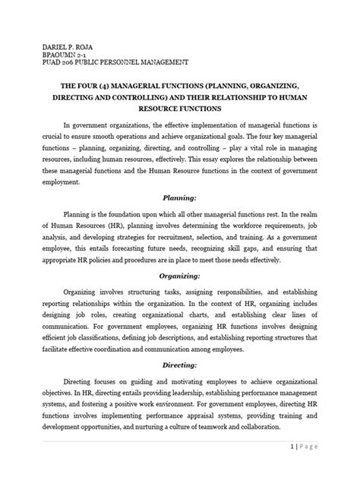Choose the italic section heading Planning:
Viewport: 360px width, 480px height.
tap(179, 195)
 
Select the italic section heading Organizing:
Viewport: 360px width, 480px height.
tap(179, 286)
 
